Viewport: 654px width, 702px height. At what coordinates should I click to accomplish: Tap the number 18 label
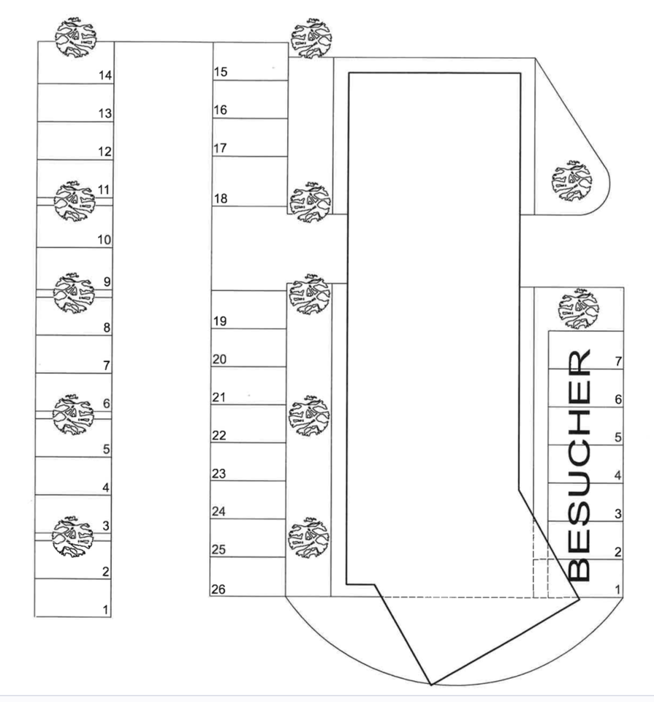pos(220,199)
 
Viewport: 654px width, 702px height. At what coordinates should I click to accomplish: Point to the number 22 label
pos(219,436)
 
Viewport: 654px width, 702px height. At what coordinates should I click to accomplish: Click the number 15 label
pos(220,72)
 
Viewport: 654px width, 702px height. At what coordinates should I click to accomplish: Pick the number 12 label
pos(104,152)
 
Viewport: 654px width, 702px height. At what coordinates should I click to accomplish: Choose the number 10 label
pos(104,240)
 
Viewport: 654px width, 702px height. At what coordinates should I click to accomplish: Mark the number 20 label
pos(219,360)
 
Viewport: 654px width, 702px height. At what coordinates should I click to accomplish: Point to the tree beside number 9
pos(74,292)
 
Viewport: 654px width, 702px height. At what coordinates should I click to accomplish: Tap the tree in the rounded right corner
pos(572,180)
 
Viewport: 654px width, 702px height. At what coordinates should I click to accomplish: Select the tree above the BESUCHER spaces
pos(577,308)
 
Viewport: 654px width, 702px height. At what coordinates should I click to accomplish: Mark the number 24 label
pos(219,512)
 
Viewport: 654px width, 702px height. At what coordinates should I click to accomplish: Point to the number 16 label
pos(220,110)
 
